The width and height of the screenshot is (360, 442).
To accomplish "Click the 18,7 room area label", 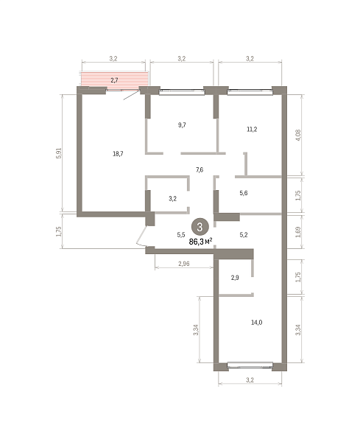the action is pos(118,154).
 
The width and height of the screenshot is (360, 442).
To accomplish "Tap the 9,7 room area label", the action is pos(182,125).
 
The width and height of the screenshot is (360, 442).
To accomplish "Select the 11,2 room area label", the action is pos(252,130).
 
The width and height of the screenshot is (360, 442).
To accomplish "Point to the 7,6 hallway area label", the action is pos(200,170).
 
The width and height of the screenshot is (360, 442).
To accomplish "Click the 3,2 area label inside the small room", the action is pos(173,199).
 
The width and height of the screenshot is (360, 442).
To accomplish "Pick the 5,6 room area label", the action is pos(244,193).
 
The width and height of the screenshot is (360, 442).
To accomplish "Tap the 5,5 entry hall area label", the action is pos(181,234).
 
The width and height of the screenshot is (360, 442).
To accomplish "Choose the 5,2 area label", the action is pos(244,234).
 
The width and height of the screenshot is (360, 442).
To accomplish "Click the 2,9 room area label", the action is pos(235,278).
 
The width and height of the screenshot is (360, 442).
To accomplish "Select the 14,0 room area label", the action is pos(257,322).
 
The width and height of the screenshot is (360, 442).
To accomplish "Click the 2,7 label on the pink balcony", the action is pos(114,80).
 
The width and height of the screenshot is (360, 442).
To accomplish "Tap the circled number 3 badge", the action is pos(200,227).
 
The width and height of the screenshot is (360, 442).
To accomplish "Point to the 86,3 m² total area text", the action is pos(200,242).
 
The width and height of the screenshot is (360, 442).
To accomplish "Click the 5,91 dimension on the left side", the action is pos(59,153).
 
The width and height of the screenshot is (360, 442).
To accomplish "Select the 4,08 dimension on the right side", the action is pos(298,135).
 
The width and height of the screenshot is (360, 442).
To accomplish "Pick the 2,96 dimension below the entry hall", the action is pos(183,264).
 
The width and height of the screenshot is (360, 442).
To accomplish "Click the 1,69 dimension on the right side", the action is pos(298,232).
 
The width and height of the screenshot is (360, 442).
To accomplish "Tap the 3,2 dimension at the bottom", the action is pos(250,380).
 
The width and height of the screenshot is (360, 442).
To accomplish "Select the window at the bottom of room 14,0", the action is pos(250,365).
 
